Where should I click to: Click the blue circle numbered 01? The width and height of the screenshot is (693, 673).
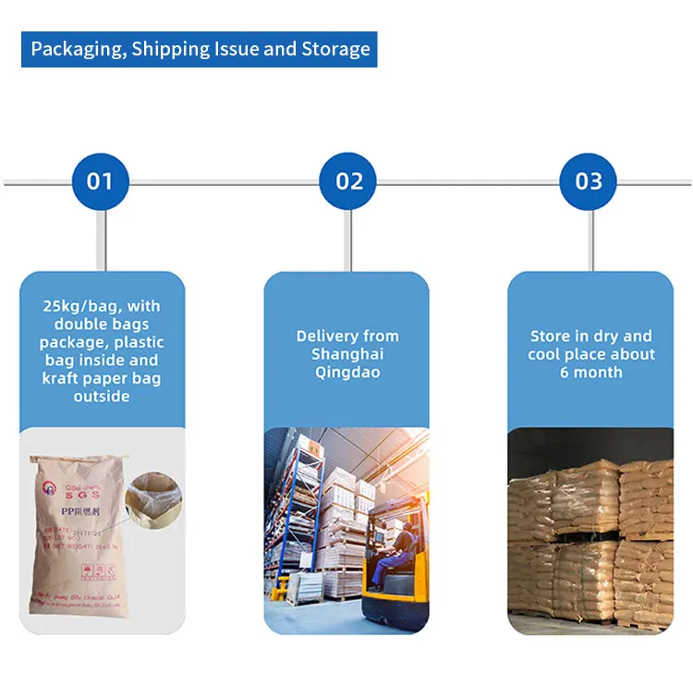[100, 181]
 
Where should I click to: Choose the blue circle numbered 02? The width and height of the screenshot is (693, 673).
[348, 181]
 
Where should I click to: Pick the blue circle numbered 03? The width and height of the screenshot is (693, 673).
[589, 181]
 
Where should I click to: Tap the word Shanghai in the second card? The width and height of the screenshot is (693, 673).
[347, 354]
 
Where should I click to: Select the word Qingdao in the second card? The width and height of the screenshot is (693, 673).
[347, 372]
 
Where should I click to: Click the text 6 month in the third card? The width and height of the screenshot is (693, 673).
[591, 372]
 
